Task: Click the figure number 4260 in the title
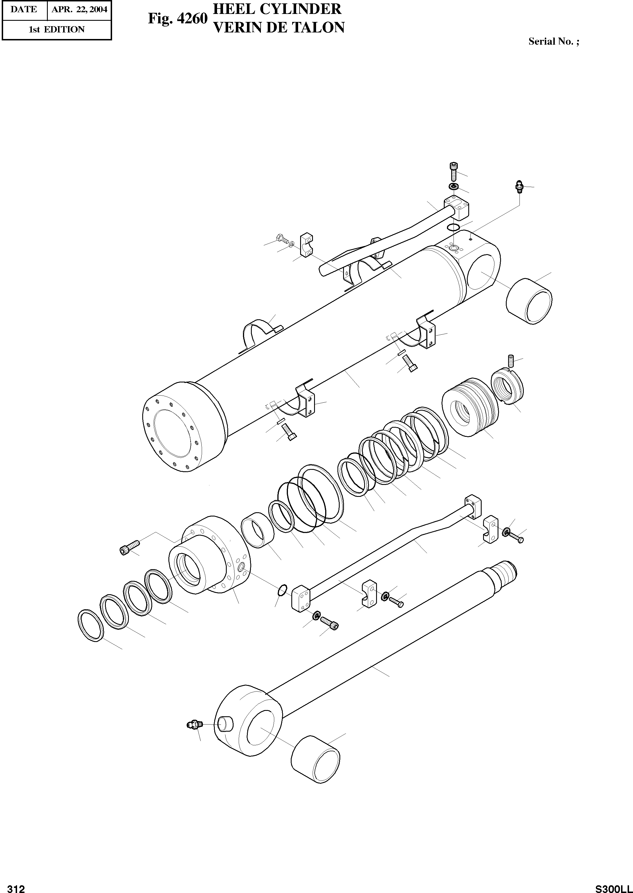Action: [x=192, y=19]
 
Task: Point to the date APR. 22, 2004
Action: [x=79, y=9]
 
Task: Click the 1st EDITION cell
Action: [x=57, y=30]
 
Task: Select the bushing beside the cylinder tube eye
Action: [x=529, y=301]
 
